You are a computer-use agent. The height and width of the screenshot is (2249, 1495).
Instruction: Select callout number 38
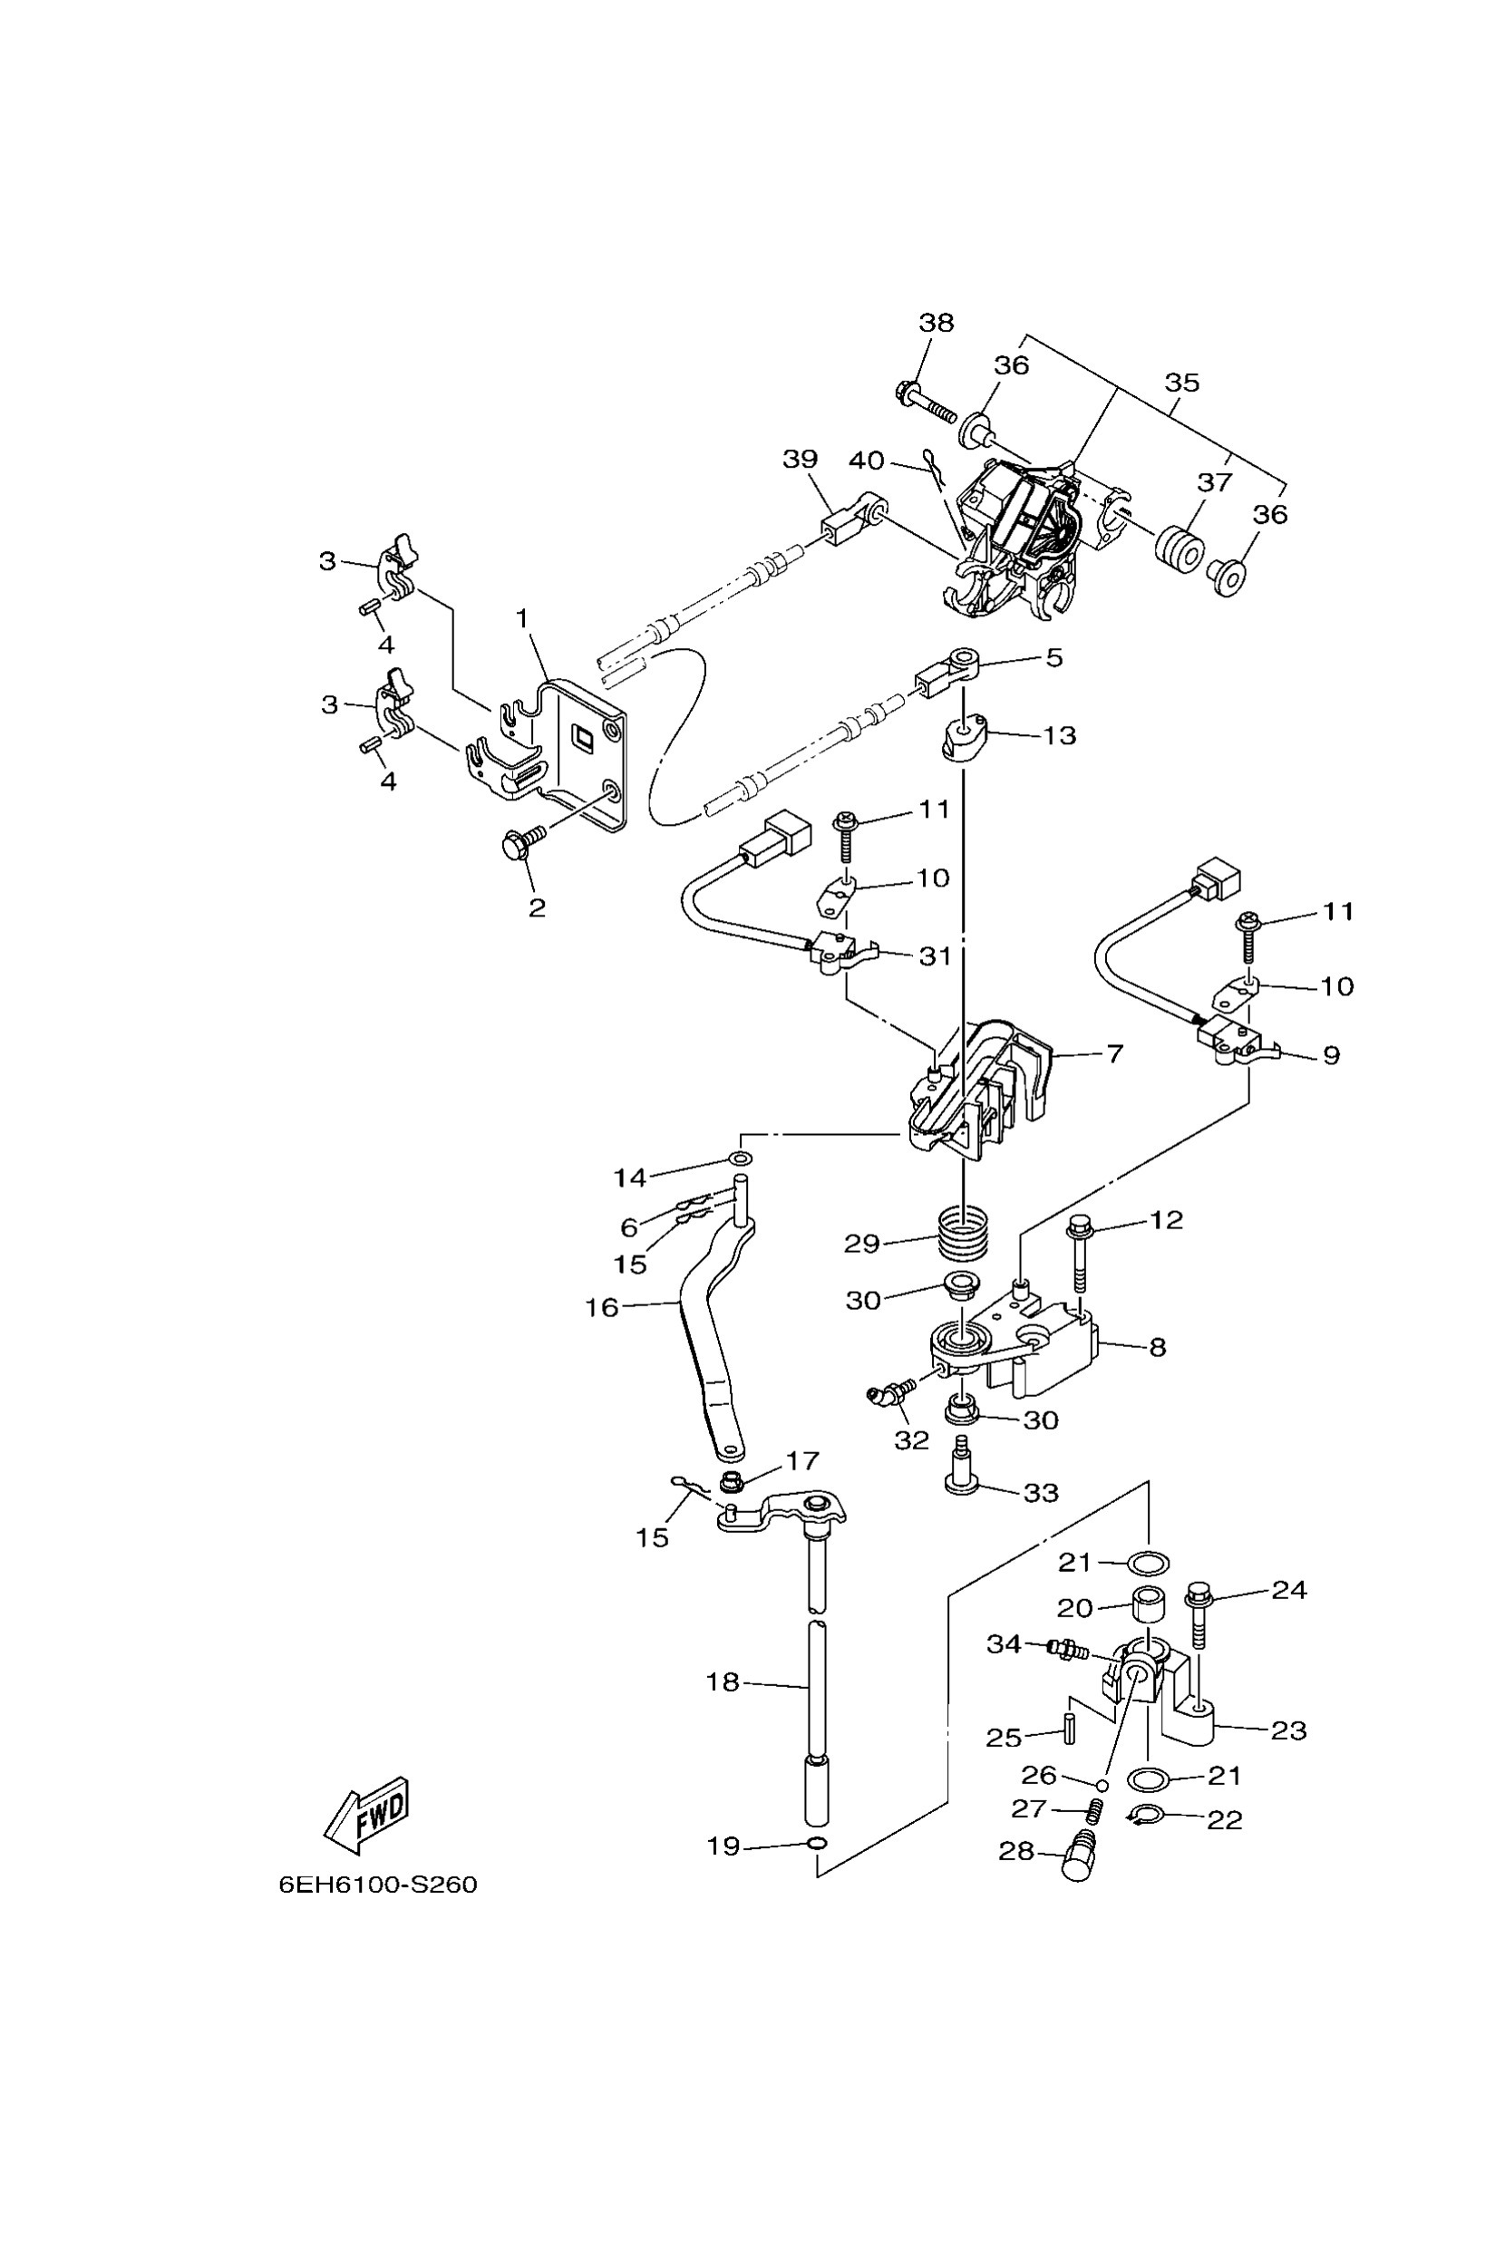point(936,322)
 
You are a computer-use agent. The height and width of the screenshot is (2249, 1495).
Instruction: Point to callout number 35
point(1181,383)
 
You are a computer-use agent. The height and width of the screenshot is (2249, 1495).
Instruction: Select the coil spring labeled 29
point(963,1236)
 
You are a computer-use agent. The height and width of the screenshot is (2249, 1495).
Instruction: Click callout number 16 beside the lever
point(602,1307)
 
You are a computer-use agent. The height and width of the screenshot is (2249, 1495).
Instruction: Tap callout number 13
point(1059,736)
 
